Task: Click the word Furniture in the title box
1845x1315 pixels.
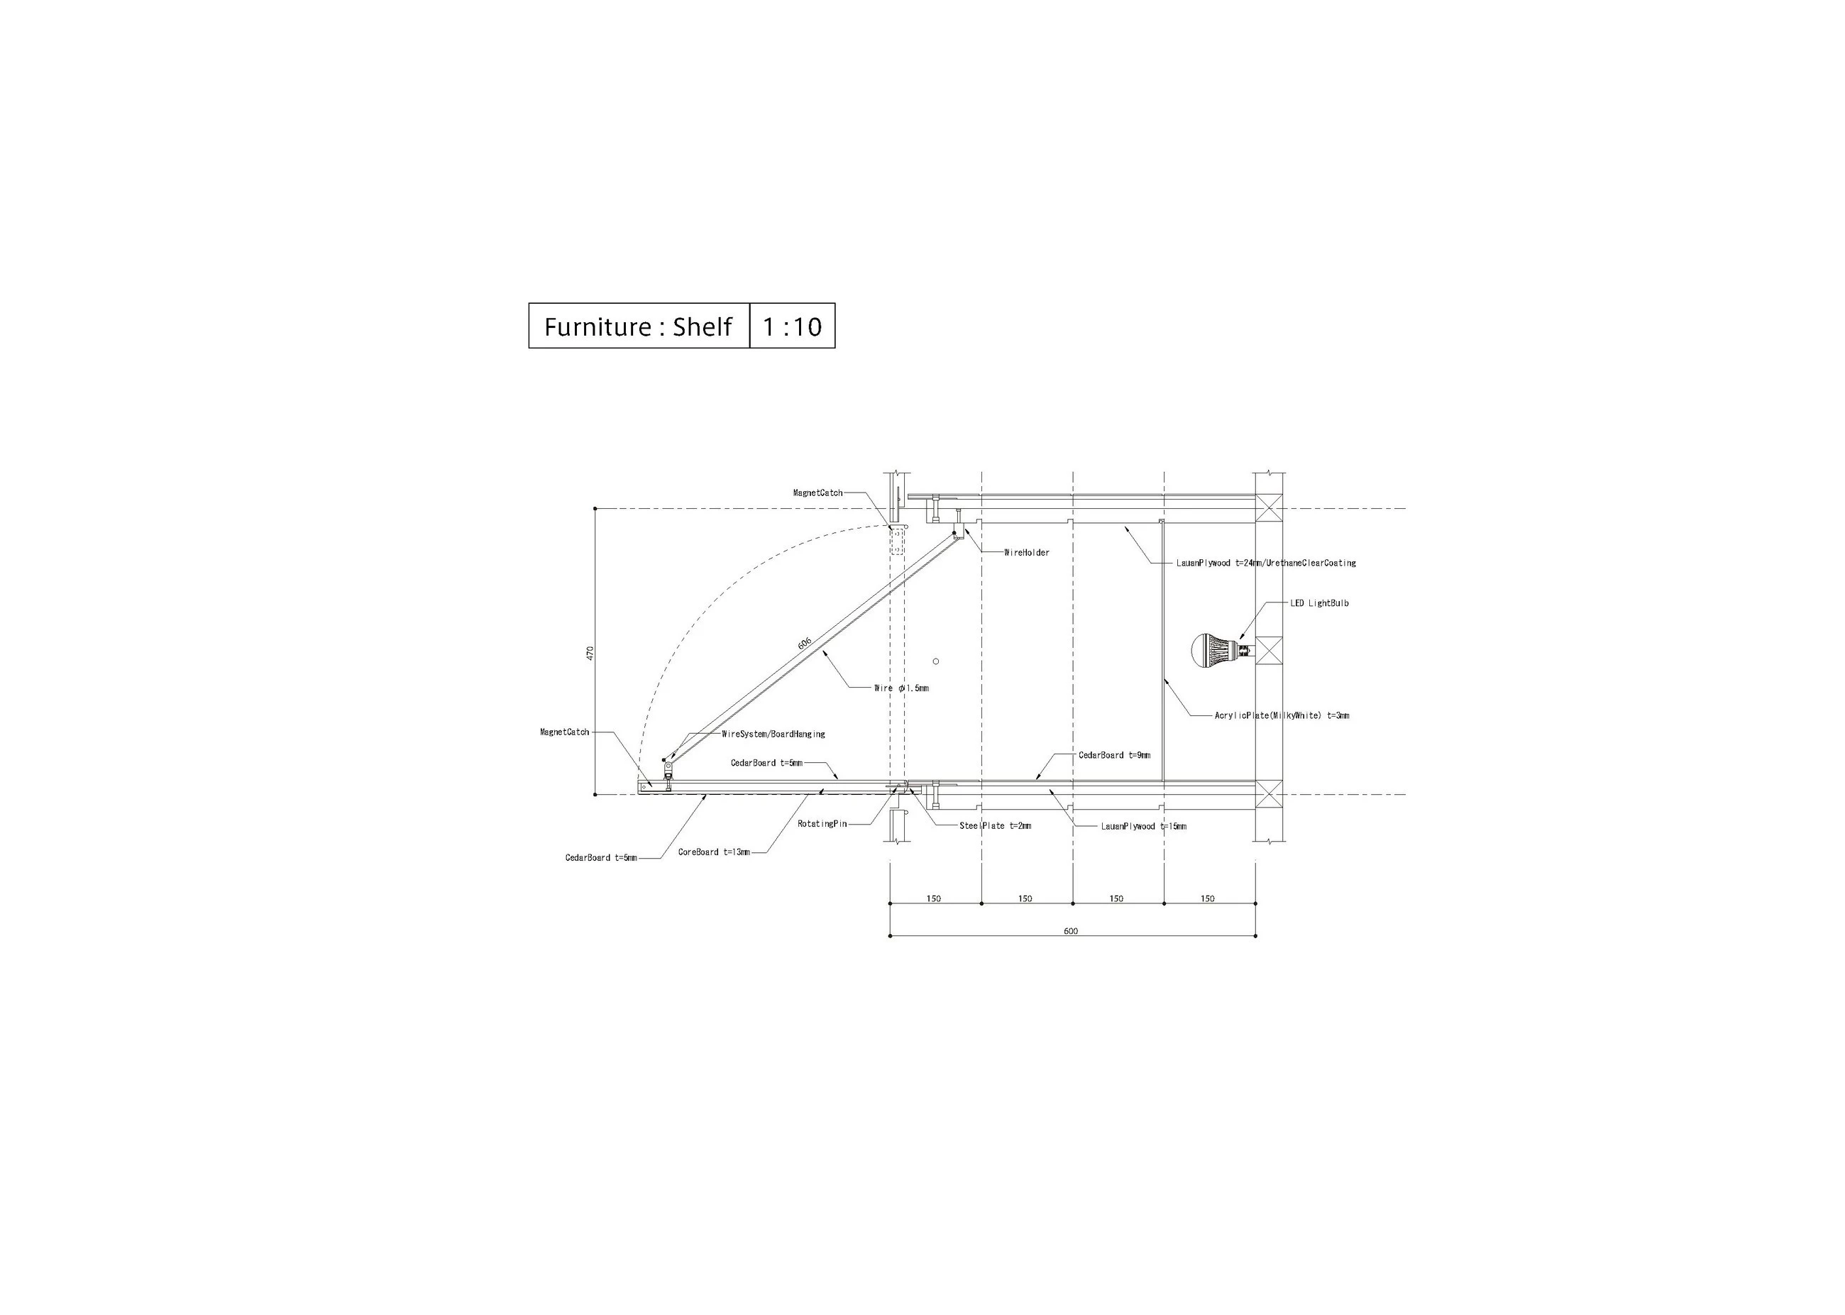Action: tap(597, 326)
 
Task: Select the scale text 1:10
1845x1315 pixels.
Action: tap(792, 326)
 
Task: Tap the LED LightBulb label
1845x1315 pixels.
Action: tap(1320, 603)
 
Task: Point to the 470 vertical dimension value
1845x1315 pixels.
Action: tap(590, 653)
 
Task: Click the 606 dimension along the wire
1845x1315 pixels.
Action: tap(805, 643)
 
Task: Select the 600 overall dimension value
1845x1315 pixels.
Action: tap(1071, 930)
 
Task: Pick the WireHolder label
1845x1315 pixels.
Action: tap(1027, 553)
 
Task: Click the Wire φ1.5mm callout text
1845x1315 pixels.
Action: tap(901, 688)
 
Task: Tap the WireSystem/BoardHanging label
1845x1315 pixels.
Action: tap(773, 734)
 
